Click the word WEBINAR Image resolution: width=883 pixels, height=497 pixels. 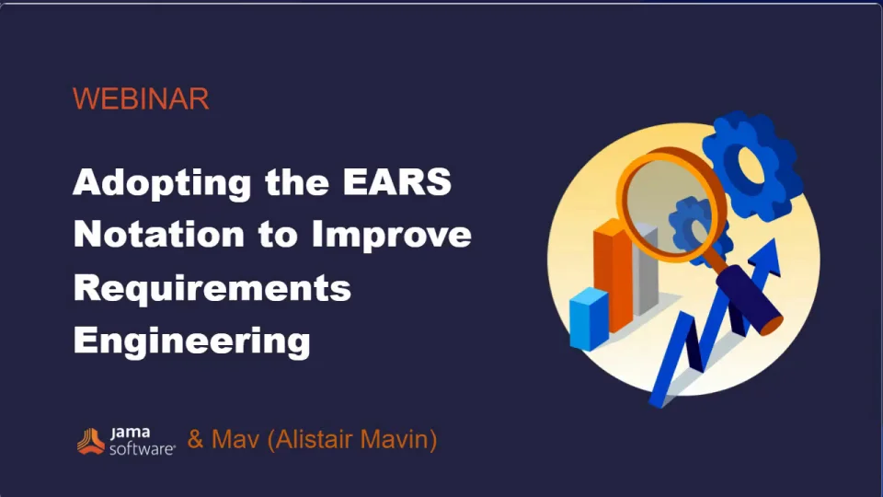click(141, 99)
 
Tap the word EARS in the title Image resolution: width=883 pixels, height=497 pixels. click(397, 181)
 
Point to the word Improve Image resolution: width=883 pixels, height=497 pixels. click(392, 236)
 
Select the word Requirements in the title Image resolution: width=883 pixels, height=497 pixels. click(212, 287)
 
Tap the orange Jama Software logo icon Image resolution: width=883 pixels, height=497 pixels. click(91, 441)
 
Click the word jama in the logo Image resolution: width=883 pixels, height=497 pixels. click(130, 433)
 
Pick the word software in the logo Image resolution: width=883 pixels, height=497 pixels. click(142, 448)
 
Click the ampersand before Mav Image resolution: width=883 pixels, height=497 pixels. click(195, 439)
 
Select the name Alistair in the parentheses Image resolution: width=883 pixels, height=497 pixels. click(315, 440)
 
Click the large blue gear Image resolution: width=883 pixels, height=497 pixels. click(751, 165)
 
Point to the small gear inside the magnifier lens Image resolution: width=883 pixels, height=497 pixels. click(691, 226)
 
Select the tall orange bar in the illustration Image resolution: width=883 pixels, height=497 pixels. click(613, 277)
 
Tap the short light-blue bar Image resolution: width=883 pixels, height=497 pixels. click(589, 319)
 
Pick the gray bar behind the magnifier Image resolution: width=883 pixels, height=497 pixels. click(646, 272)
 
